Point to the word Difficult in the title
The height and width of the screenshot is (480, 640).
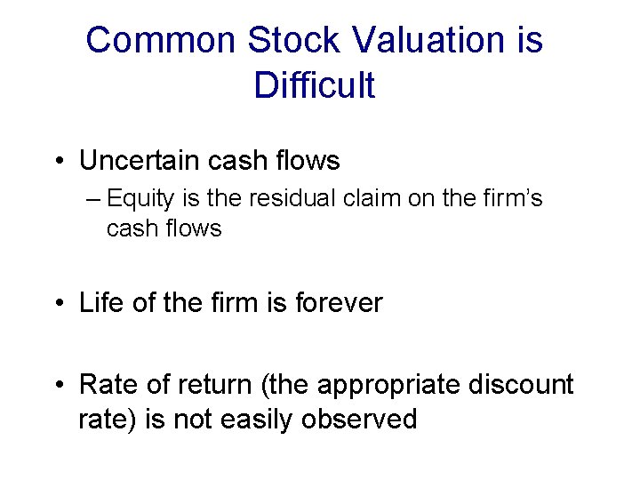(x=314, y=85)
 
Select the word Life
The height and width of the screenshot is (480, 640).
(x=100, y=303)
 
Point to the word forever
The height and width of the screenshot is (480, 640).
(x=339, y=303)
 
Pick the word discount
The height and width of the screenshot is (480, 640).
(x=525, y=385)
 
